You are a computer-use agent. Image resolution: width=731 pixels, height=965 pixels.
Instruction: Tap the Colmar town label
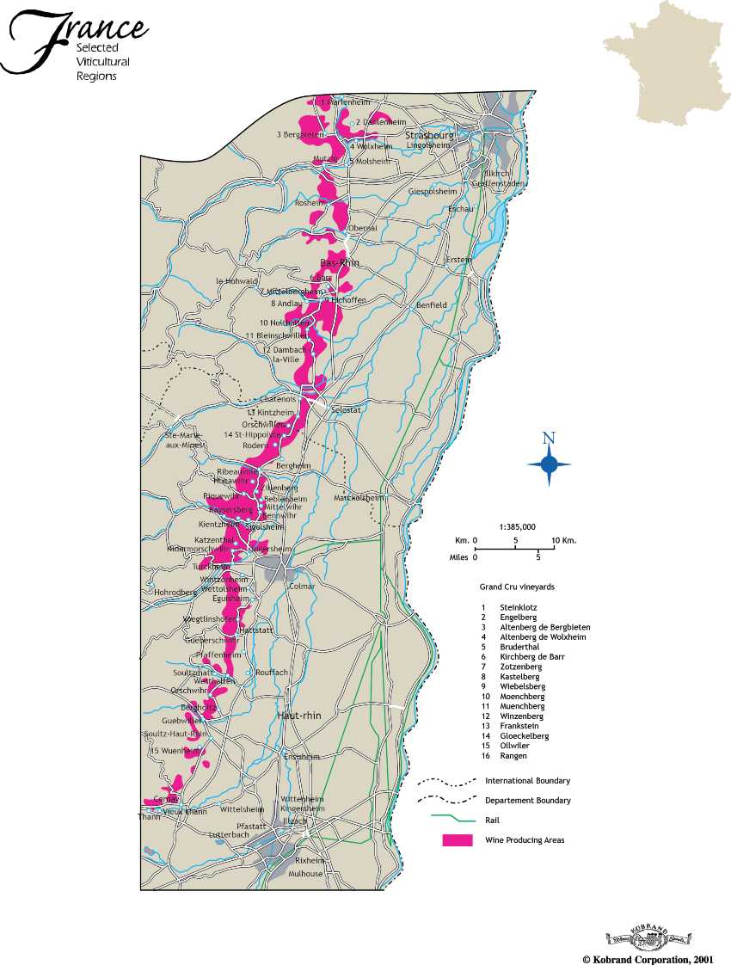click(303, 586)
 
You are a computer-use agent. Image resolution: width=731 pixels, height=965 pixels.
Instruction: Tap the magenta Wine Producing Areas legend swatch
click(457, 840)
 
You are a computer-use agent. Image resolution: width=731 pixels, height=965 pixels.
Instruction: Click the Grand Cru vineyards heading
click(516, 587)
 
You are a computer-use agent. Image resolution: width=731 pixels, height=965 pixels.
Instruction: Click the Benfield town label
click(431, 305)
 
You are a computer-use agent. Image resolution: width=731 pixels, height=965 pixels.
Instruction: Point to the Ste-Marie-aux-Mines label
click(181, 440)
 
